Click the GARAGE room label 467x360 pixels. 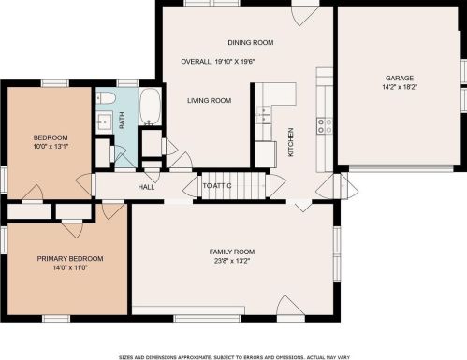(x=400, y=78)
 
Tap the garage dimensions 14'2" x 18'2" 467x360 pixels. (x=400, y=87)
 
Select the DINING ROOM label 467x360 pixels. (x=251, y=42)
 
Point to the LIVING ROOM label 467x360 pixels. (x=209, y=100)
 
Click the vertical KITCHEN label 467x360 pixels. (x=290, y=142)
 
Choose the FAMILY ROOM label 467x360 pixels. (x=232, y=252)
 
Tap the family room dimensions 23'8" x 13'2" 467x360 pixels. (x=232, y=261)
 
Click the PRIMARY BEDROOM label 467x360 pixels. (x=70, y=259)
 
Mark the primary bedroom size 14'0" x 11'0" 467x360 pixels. (x=70, y=267)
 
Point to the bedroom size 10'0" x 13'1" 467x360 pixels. (x=51, y=146)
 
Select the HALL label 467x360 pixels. (x=146, y=187)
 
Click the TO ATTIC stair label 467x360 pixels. (x=217, y=186)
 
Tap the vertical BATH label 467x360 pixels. (x=122, y=121)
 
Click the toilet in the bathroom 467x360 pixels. (x=106, y=98)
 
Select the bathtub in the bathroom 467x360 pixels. (x=150, y=107)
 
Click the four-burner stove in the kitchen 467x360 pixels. (x=325, y=126)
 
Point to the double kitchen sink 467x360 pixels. (x=263, y=115)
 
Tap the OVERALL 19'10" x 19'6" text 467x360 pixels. (x=218, y=62)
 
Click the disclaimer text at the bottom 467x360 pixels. (x=234, y=357)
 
